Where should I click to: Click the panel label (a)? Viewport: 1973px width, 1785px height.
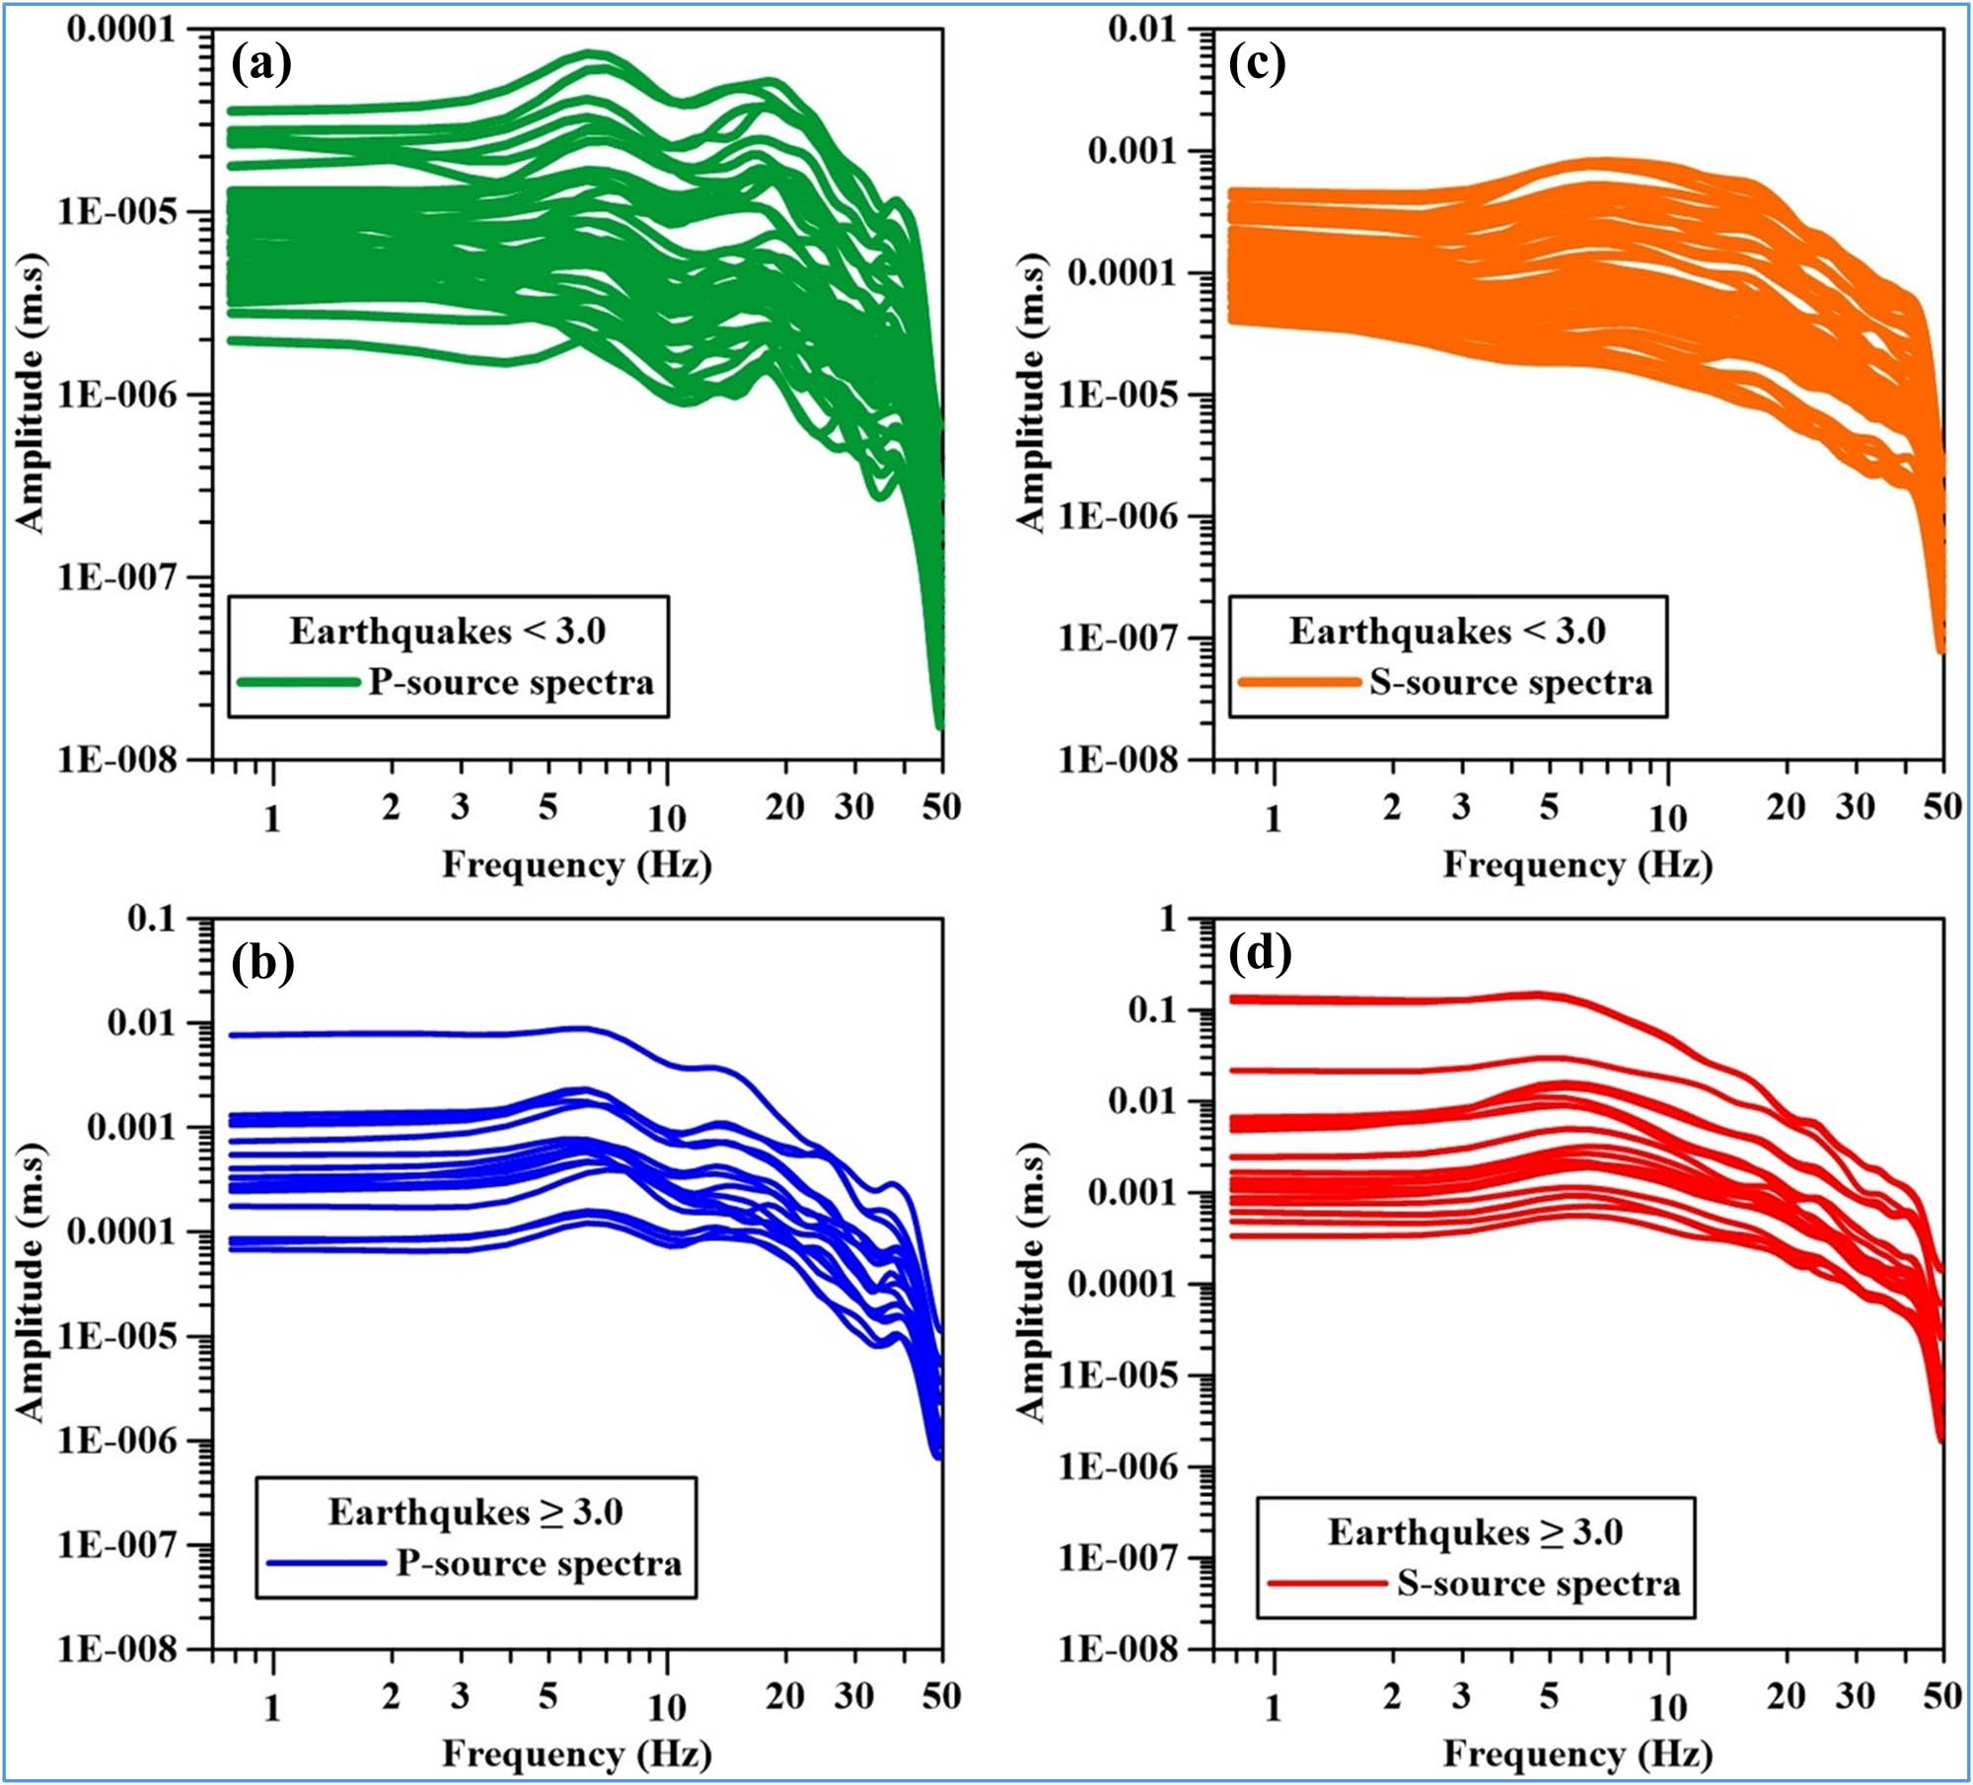pyautogui.click(x=261, y=65)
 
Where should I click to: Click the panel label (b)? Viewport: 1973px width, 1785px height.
pyautogui.click(x=262, y=963)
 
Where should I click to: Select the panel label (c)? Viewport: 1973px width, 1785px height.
pyautogui.click(x=1257, y=65)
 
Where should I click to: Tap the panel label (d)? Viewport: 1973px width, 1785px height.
pyautogui.click(x=1261, y=955)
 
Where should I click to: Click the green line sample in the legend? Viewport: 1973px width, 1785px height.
pyautogui.click(x=299, y=683)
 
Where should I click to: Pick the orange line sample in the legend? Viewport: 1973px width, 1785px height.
pyautogui.click(x=1298, y=683)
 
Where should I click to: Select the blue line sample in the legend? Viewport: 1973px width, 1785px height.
pyautogui.click(x=327, y=1563)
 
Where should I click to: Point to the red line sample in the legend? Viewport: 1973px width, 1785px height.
pyautogui.click(x=1327, y=1584)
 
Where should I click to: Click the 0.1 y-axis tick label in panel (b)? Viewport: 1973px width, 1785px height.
pyautogui.click(x=152, y=919)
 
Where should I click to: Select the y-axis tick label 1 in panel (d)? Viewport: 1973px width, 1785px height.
pyautogui.click(x=1168, y=920)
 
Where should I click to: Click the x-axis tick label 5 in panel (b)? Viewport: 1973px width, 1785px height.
pyautogui.click(x=548, y=1696)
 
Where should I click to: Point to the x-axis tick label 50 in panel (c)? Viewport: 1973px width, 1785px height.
pyautogui.click(x=1941, y=807)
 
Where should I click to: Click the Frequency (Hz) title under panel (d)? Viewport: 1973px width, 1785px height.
pyautogui.click(x=1577, y=1753)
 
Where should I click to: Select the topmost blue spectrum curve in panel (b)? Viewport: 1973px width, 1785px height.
pyautogui.click(x=395, y=1034)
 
